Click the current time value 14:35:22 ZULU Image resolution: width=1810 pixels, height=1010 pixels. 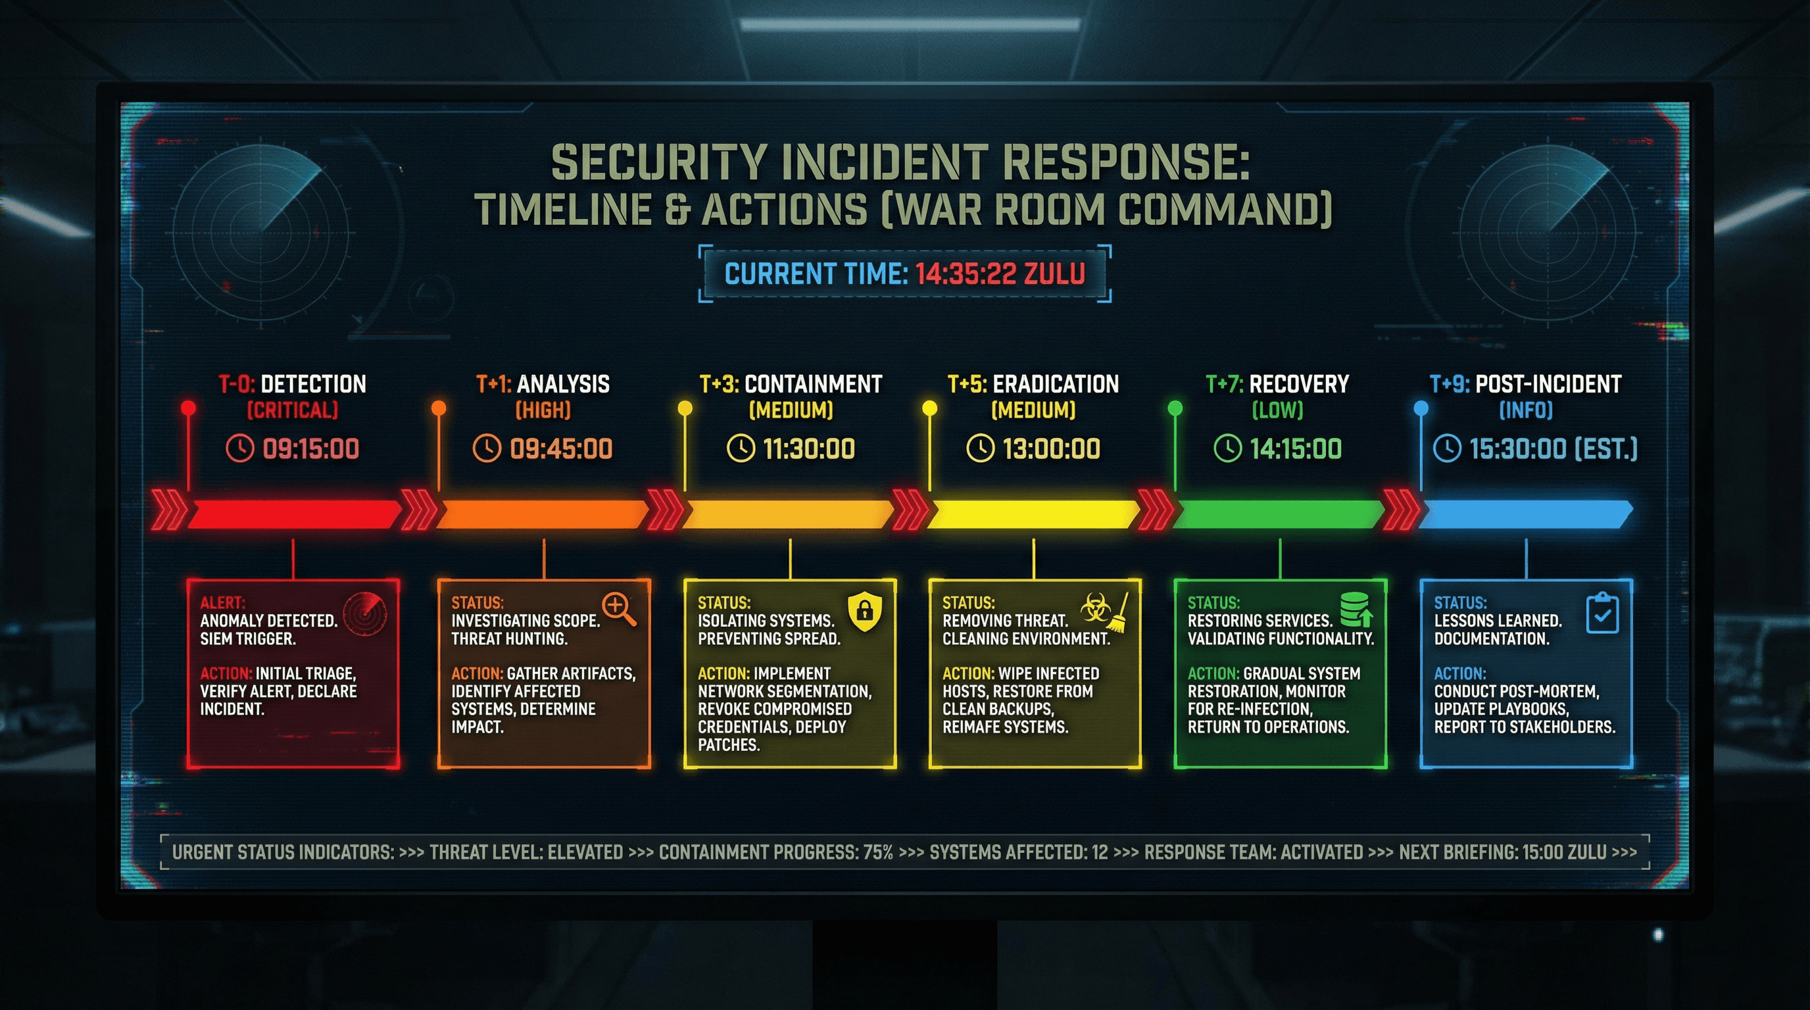pyautogui.click(x=1000, y=274)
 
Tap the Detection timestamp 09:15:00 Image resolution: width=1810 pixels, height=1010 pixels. pyautogui.click(x=310, y=448)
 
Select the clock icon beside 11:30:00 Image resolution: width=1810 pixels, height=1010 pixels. pyautogui.click(x=740, y=448)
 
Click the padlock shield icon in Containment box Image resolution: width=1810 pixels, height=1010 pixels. pyautogui.click(x=865, y=610)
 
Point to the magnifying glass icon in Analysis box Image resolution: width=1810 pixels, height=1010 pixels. pyautogui.click(x=618, y=608)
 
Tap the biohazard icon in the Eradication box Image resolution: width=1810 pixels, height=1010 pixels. pyautogui.click(x=1094, y=608)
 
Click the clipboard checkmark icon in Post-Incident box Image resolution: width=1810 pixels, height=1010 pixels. pyautogui.click(x=1603, y=613)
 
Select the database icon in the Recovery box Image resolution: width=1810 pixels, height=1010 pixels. pyautogui.click(x=1355, y=608)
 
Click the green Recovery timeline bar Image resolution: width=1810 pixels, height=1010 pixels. pyautogui.click(x=1279, y=515)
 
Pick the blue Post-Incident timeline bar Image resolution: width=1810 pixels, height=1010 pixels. pyautogui.click(x=1525, y=515)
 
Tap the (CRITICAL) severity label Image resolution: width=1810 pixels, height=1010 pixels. pyautogui.click(x=292, y=410)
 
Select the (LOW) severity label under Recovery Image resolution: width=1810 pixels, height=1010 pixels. pyautogui.click(x=1277, y=410)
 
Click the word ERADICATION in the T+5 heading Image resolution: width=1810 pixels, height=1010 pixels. pyautogui.click(x=1056, y=384)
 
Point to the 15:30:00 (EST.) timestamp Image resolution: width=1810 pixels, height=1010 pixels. pyautogui.click(x=1553, y=448)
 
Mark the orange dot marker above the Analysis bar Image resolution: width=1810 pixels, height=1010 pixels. pyautogui.click(x=439, y=408)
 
